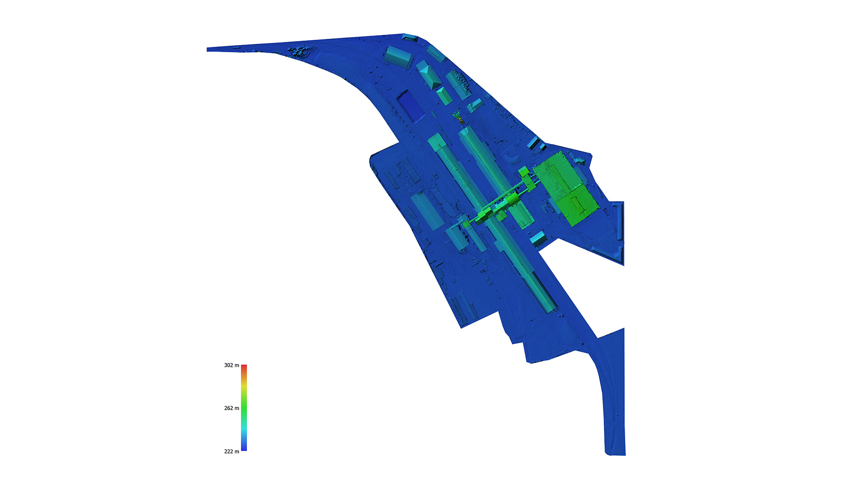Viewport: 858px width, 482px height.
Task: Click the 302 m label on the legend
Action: click(x=231, y=365)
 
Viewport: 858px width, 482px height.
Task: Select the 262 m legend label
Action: click(x=231, y=408)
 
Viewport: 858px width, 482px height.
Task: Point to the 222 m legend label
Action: click(x=231, y=451)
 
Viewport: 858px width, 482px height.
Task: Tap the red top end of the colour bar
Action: click(x=244, y=366)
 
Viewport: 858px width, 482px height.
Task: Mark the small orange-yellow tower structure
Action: click(x=458, y=117)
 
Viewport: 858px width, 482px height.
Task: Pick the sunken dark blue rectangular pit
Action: click(x=411, y=106)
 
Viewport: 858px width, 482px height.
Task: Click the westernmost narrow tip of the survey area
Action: click(x=207, y=50)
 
